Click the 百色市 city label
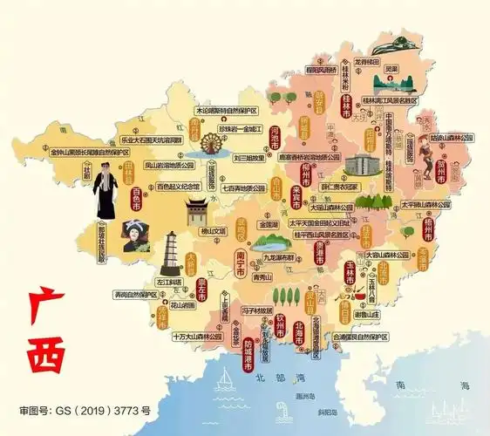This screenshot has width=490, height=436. [136, 199]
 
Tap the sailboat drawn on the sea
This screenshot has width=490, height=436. [225, 380]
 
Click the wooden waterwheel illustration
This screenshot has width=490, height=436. [210, 143]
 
